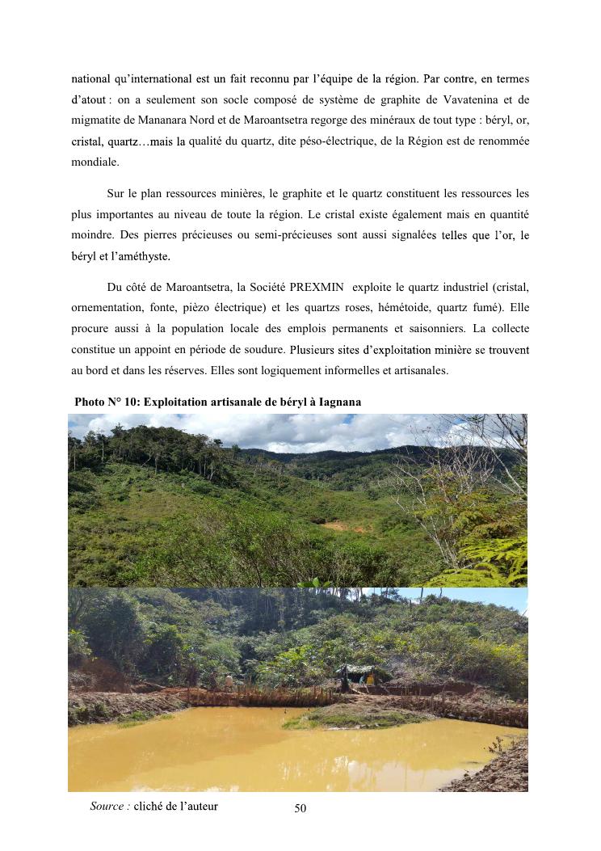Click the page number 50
(x=300, y=808)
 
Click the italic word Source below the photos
(x=109, y=806)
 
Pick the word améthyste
(x=142, y=256)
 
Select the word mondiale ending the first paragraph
(x=93, y=162)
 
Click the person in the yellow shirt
(x=370, y=680)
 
